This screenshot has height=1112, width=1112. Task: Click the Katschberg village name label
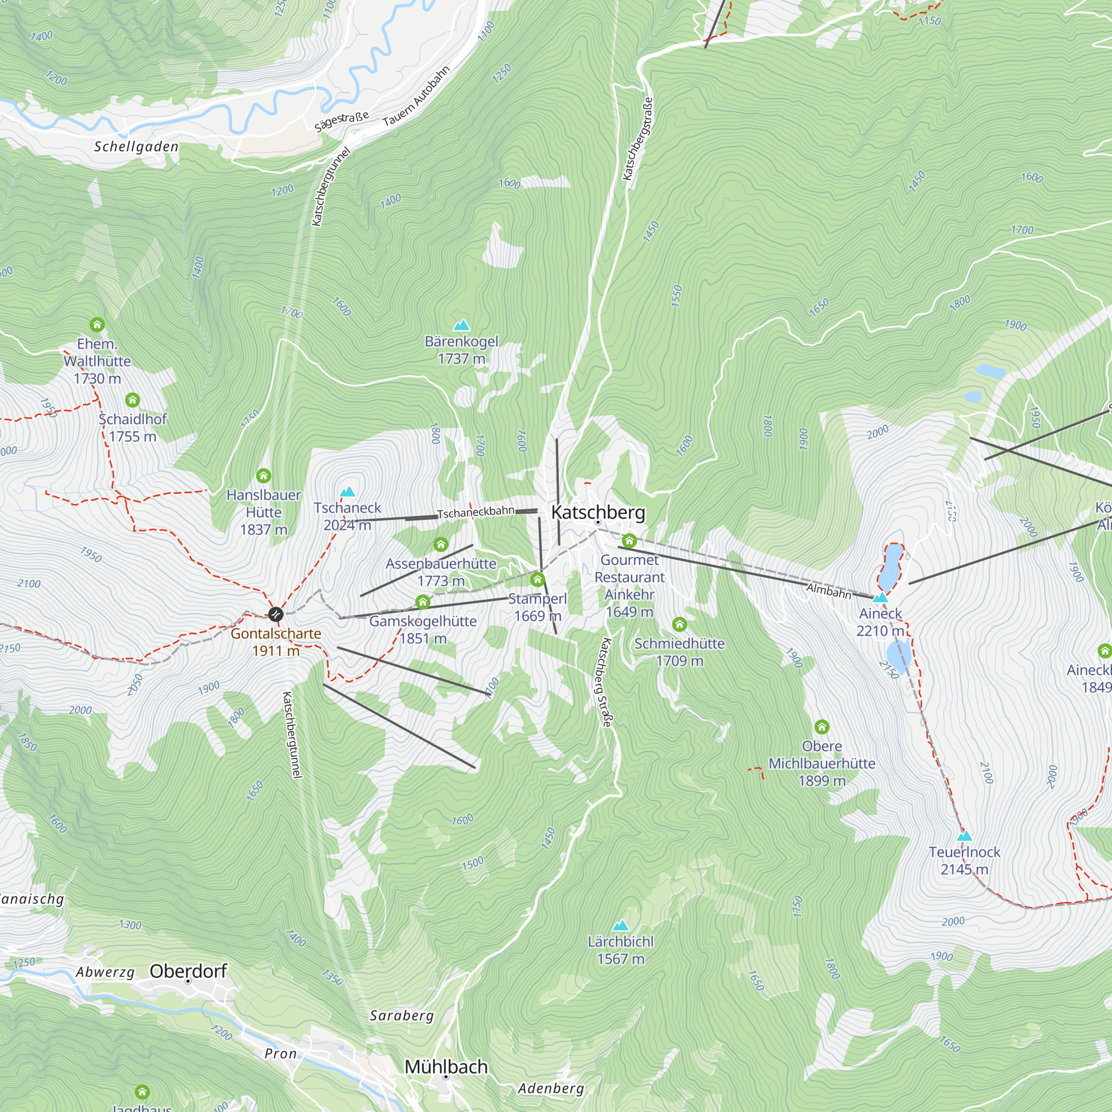[x=598, y=512]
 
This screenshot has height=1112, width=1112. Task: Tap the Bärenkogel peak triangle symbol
[x=461, y=326]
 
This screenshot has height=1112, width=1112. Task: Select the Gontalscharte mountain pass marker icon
[x=276, y=614]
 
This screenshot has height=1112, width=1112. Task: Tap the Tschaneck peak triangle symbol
[x=347, y=492]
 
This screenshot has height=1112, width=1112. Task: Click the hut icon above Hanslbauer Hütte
[x=264, y=475]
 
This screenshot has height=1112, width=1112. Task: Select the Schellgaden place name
[x=136, y=147]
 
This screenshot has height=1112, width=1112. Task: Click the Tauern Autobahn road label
[x=416, y=97]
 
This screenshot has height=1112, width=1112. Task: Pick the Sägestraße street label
[x=341, y=121]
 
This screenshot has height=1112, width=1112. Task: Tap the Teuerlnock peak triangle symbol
[x=964, y=836]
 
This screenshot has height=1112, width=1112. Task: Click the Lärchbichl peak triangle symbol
[x=620, y=926]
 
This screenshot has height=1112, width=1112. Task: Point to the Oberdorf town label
[x=189, y=971]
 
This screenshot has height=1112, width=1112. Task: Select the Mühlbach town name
[x=446, y=1066]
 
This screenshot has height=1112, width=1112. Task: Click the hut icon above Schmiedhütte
[x=679, y=624]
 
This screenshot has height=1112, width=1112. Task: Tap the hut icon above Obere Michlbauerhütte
[x=821, y=726]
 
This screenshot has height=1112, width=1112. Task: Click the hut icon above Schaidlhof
[x=132, y=399]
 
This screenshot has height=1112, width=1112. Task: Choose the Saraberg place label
[x=402, y=1015]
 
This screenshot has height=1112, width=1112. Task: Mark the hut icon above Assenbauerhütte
[x=441, y=544]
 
